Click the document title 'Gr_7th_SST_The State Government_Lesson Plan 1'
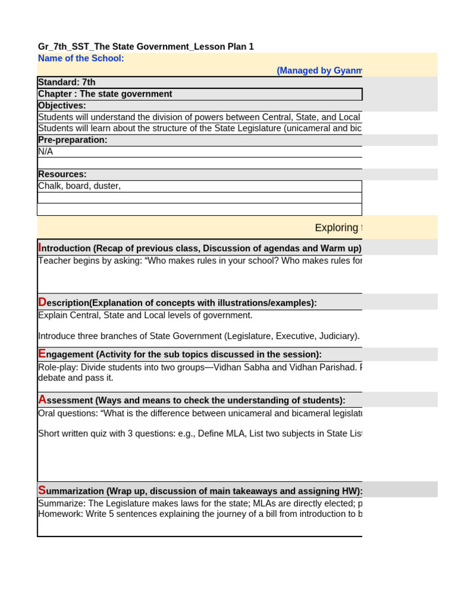tap(146, 46)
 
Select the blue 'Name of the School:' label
tap(81, 58)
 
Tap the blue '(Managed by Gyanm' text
tap(319, 71)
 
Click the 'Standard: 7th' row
tap(67, 82)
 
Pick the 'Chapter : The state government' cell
tap(105, 94)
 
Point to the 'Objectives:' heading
tap(62, 106)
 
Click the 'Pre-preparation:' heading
tap(73, 140)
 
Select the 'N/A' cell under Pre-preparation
tap(46, 151)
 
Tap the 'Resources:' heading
tap(62, 174)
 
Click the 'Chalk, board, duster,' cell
tap(79, 186)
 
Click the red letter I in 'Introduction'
tap(40, 248)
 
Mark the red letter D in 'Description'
tap(42, 302)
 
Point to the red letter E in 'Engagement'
tap(41, 354)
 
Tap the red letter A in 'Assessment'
tap(42, 400)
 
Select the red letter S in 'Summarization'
tap(41, 490)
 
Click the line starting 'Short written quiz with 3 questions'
tap(199, 433)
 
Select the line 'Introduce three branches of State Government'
tap(198, 336)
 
